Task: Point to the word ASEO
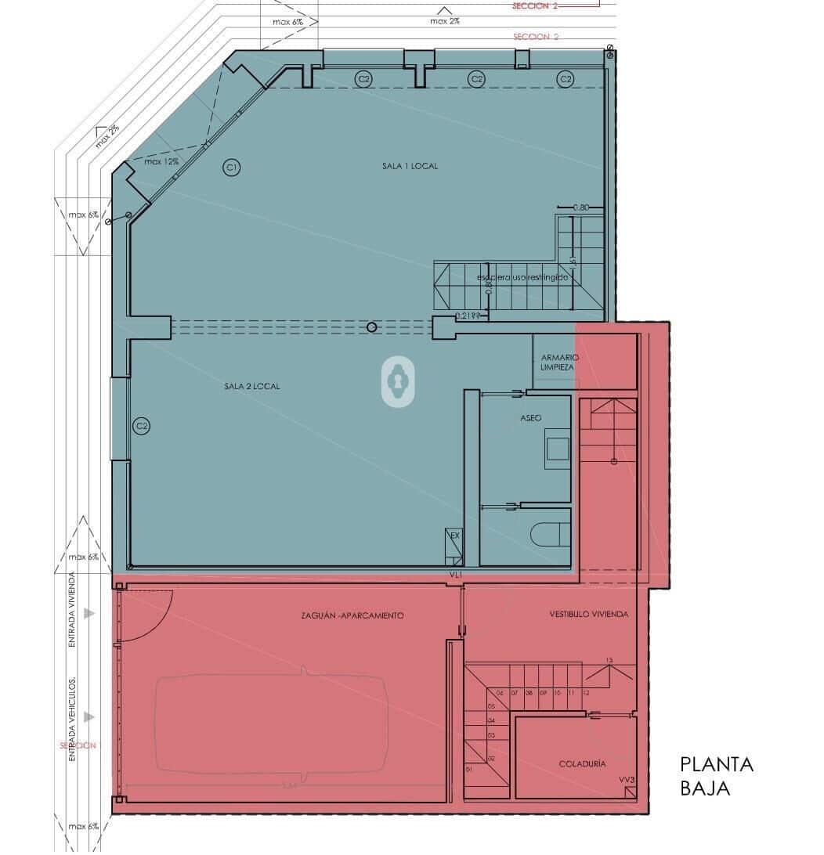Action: point(531,418)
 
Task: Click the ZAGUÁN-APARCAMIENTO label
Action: point(352,615)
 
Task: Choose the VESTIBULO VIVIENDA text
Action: point(588,615)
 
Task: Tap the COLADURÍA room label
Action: point(582,763)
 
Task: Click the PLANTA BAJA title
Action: point(716,776)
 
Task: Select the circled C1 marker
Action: point(231,167)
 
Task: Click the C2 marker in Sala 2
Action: point(141,427)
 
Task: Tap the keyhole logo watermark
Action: point(399,381)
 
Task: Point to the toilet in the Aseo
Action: point(551,534)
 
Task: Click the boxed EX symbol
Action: point(453,536)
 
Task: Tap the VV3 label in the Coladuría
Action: point(626,779)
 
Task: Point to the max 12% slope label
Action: point(161,161)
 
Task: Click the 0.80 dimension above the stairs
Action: point(580,207)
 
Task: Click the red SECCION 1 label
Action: point(79,745)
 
